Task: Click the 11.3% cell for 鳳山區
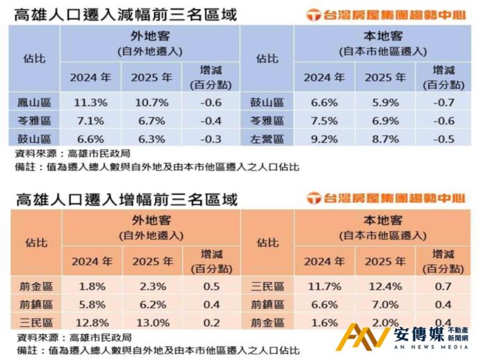(90, 103)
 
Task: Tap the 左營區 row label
(267, 138)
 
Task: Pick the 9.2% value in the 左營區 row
(324, 138)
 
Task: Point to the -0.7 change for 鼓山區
(443, 103)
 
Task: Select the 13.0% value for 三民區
(152, 322)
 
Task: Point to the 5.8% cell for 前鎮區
(91, 304)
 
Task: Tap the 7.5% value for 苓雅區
(324, 121)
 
